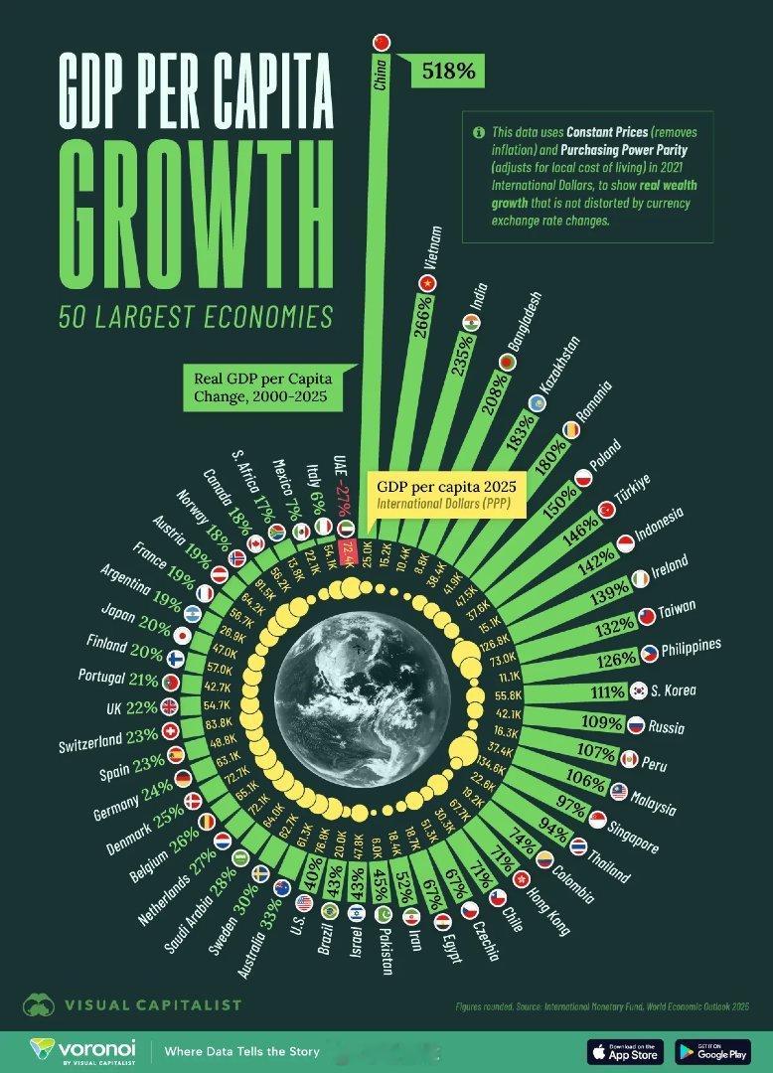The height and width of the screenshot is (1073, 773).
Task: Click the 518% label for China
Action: tap(452, 71)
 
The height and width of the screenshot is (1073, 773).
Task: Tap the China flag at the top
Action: tap(381, 41)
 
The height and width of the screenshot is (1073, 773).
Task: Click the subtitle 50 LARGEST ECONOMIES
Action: tap(195, 317)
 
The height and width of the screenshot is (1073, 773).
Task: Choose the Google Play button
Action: tap(711, 1050)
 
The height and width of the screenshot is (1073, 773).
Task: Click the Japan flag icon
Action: tap(182, 635)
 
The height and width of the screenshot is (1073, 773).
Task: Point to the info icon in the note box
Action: tap(478, 131)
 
